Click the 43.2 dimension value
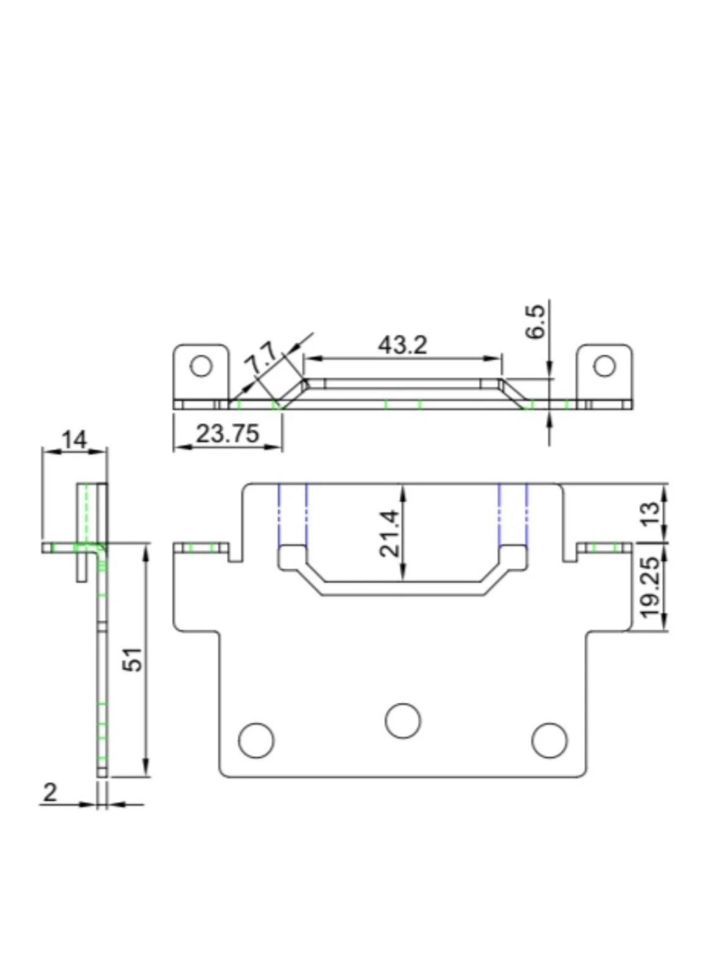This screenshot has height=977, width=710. point(402,345)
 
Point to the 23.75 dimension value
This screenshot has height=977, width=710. point(227,434)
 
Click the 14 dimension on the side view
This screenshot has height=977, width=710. point(74,439)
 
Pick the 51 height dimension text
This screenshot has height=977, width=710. point(133,659)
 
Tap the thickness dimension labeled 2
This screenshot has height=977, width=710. point(50,792)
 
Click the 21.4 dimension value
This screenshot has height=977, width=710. point(389,532)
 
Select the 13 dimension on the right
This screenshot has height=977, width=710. point(651,513)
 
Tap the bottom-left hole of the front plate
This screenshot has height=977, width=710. point(256,740)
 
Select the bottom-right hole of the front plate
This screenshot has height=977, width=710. point(549,740)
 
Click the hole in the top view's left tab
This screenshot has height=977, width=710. point(201,366)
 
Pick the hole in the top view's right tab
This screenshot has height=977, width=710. point(604,366)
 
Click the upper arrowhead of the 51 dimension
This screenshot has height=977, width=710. point(146,552)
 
